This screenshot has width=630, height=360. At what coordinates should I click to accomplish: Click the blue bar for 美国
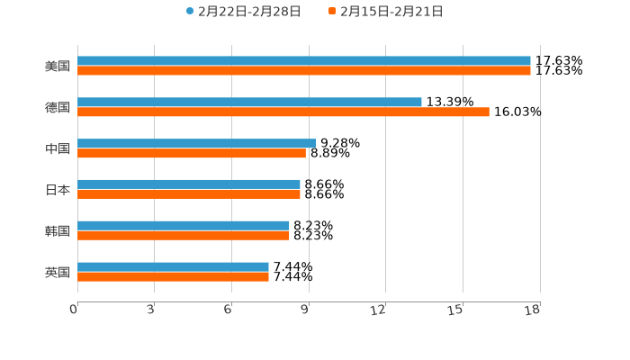[304, 60]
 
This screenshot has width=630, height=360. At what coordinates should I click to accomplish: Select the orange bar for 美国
[304, 70]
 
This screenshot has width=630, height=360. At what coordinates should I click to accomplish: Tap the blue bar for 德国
[249, 102]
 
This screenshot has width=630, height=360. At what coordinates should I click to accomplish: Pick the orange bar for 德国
[283, 112]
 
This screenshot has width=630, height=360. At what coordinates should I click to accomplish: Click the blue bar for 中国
[196, 143]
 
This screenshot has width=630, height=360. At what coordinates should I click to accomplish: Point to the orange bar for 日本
[189, 193]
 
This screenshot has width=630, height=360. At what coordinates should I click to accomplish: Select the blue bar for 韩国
[184, 225]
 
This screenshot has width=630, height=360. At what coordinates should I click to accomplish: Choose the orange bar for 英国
[173, 276]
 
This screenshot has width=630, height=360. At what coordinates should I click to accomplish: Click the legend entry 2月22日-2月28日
[243, 12]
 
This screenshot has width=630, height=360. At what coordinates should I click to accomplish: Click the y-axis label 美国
[58, 66]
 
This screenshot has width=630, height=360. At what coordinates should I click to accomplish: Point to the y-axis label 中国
[58, 148]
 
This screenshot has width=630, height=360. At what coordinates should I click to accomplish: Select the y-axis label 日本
[58, 190]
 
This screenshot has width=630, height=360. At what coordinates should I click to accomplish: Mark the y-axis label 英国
[58, 272]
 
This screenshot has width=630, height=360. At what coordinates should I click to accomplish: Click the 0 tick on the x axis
[74, 310]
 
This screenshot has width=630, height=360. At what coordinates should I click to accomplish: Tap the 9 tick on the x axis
[306, 310]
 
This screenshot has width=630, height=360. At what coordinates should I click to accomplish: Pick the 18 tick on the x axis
[532, 310]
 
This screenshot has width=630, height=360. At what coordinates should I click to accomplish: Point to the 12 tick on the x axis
[379, 310]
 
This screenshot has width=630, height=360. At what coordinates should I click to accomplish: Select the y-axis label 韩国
[58, 230]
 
